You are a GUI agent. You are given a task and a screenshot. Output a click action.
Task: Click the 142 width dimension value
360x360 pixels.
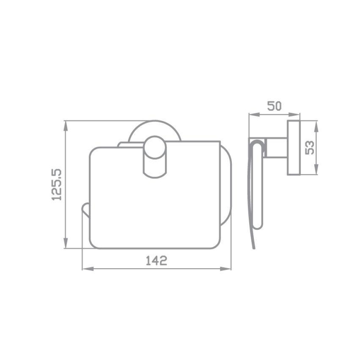point(157,261)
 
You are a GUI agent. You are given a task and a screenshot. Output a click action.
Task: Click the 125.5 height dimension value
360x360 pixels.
point(57,185)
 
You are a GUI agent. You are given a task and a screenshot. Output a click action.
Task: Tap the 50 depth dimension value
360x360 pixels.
point(274,106)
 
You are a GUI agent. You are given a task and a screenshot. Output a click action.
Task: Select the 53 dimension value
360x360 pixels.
point(310,148)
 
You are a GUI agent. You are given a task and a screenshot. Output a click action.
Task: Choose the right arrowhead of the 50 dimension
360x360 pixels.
point(294,114)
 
